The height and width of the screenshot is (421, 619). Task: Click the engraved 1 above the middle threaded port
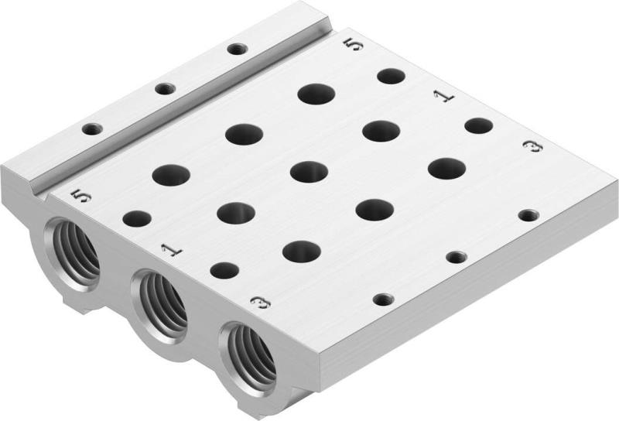click(169, 248)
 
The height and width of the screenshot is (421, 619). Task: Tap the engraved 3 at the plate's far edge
click(532, 146)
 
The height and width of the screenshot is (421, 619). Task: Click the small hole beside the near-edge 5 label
click(137, 219)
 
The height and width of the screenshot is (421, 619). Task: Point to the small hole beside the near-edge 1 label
click(224, 270)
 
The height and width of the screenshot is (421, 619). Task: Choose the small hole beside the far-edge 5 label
click(391, 76)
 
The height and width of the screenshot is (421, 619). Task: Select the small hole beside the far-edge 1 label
click(479, 125)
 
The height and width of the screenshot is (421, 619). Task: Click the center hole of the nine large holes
click(309, 171)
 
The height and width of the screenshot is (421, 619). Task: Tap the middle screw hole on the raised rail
click(164, 89)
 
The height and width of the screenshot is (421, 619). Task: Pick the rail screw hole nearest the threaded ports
click(92, 128)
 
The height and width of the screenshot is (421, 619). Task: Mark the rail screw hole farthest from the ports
click(237, 50)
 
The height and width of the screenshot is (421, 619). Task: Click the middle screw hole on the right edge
click(455, 256)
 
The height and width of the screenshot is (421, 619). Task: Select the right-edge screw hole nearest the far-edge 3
click(528, 214)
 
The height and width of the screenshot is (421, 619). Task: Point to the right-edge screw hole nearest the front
click(381, 299)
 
